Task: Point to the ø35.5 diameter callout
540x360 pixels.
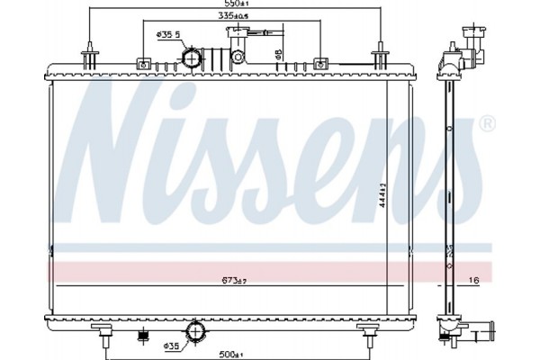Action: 169,34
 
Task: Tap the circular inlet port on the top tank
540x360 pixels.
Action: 192,58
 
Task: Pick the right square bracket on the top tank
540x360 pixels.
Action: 321,63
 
